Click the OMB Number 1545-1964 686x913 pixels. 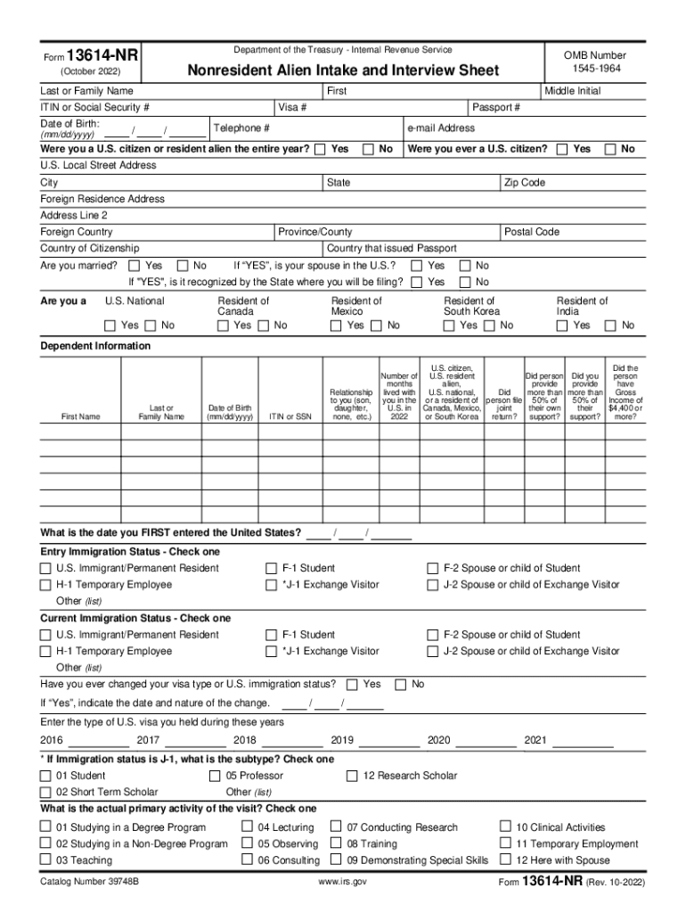click(595, 62)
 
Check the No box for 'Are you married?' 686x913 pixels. click(183, 266)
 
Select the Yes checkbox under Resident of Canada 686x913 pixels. click(222, 326)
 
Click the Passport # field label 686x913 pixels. click(496, 108)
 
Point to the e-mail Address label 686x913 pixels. click(441, 128)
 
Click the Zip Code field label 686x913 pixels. click(525, 183)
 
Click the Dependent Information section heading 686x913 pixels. click(95, 346)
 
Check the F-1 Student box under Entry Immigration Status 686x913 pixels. click(272, 568)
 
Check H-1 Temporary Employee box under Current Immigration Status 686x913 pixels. click(45, 652)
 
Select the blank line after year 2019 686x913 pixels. click(388, 742)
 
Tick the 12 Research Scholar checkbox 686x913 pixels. click(353, 776)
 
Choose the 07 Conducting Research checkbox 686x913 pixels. click(336, 827)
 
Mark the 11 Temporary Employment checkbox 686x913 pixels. click(505, 843)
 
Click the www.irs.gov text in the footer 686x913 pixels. click(342, 882)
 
